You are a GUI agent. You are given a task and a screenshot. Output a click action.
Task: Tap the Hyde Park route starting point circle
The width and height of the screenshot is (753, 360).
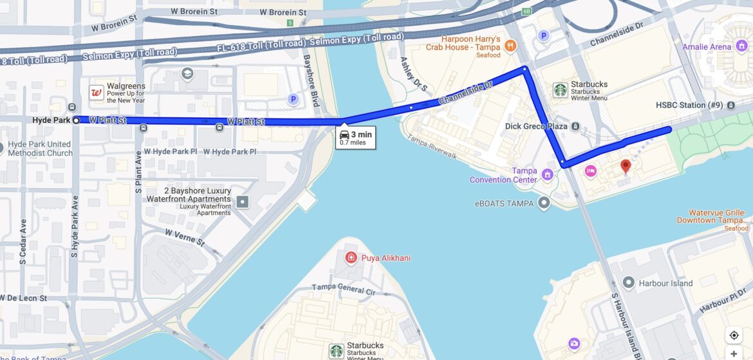point(77,120)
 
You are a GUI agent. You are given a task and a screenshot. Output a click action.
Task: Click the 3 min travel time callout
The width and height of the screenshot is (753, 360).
point(355,137)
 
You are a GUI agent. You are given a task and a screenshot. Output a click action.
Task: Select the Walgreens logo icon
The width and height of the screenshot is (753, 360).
point(97,93)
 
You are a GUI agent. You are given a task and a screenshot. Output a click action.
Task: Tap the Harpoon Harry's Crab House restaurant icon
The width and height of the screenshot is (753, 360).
point(510,46)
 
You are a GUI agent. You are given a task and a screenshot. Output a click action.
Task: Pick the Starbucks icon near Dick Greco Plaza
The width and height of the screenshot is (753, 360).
point(560,90)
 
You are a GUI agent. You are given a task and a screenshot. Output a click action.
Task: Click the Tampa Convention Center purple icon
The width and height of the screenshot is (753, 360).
point(547,175)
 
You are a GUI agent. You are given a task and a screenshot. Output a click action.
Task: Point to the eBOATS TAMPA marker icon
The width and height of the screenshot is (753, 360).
point(544,204)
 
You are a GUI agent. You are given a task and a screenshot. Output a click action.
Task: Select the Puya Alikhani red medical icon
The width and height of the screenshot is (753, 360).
point(351,258)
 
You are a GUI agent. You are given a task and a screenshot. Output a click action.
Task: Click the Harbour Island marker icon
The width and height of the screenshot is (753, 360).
point(628,283)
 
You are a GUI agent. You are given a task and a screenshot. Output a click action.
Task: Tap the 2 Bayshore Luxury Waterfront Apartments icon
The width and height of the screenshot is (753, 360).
point(242,202)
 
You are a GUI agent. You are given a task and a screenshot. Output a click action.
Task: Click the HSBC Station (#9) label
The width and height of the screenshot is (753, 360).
point(689,105)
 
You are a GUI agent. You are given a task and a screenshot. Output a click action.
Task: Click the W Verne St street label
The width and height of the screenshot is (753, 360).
point(184,238)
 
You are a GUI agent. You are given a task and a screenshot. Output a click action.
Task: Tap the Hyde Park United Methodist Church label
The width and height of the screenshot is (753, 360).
point(40,149)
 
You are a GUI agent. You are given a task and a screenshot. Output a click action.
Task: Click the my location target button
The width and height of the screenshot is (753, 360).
point(734,335)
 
